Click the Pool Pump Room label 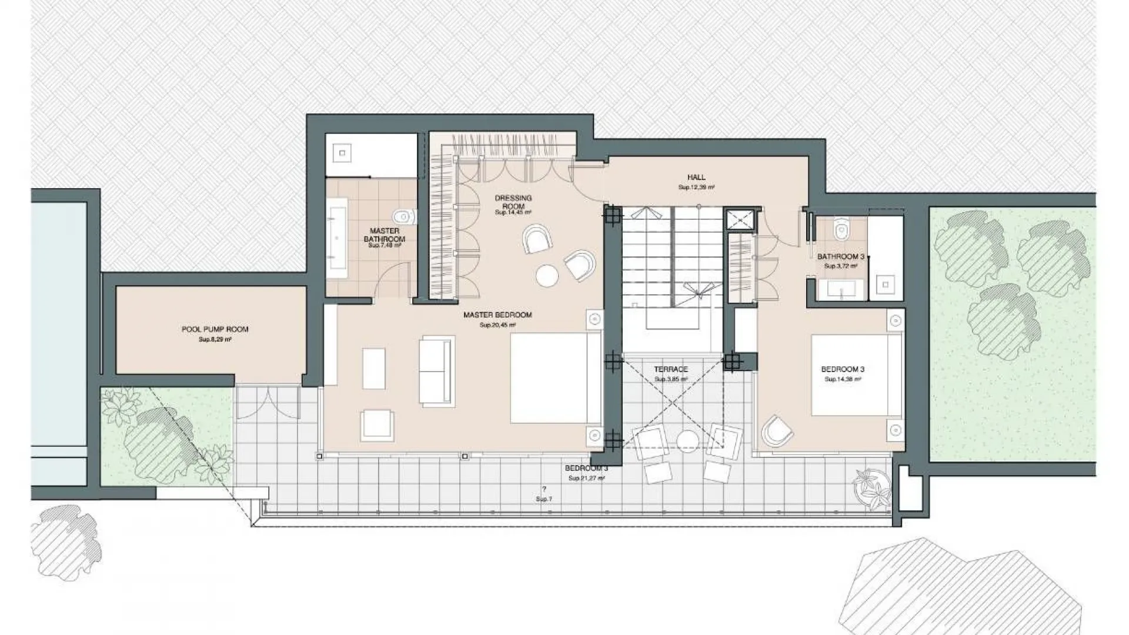(215, 329)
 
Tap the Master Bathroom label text (385, 235)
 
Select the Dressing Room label (513, 202)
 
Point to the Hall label (696, 177)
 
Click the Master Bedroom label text (497, 315)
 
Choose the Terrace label (671, 369)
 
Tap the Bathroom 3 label (841, 257)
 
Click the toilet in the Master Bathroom (405, 216)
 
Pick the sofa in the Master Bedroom (437, 371)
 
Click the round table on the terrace (686, 441)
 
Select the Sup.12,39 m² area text (696, 188)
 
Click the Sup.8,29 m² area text (215, 339)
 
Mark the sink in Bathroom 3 (840, 289)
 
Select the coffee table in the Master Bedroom (374, 369)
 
